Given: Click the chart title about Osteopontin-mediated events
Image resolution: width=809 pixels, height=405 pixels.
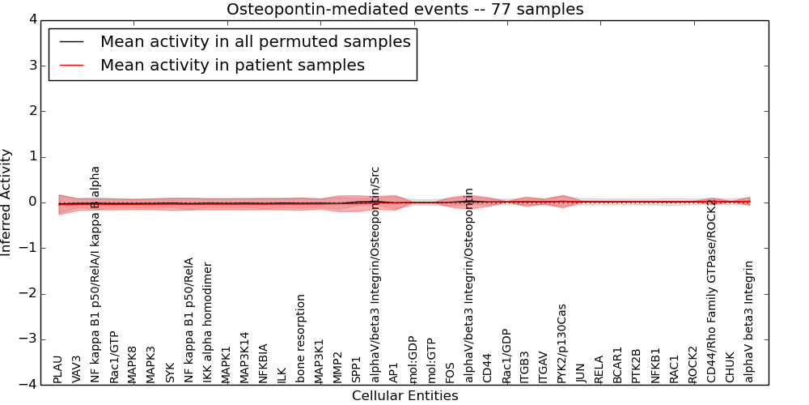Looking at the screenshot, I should (404, 10).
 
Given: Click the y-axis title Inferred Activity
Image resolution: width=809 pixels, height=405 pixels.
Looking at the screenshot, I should (6, 202).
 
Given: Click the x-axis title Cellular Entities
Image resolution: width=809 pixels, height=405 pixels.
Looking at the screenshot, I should (404, 396).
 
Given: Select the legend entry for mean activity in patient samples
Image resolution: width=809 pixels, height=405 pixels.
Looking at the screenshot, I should (232, 65).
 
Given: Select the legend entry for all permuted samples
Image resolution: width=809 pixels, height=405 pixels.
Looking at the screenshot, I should (255, 41).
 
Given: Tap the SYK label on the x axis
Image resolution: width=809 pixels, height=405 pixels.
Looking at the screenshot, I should (170, 372).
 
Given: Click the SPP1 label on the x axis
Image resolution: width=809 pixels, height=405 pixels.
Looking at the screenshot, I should (357, 369).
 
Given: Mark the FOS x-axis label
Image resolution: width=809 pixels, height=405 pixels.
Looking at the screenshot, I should (450, 372).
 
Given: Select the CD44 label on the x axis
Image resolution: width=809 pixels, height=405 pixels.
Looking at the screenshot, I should (487, 369).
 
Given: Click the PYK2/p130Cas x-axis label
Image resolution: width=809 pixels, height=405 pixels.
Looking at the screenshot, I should (562, 343).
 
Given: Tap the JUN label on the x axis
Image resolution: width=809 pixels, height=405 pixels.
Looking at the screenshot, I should (580, 372).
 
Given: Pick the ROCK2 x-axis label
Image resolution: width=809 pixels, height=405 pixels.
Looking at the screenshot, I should (693, 364).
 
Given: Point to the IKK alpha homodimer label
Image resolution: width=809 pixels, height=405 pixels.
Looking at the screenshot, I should (208, 322).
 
